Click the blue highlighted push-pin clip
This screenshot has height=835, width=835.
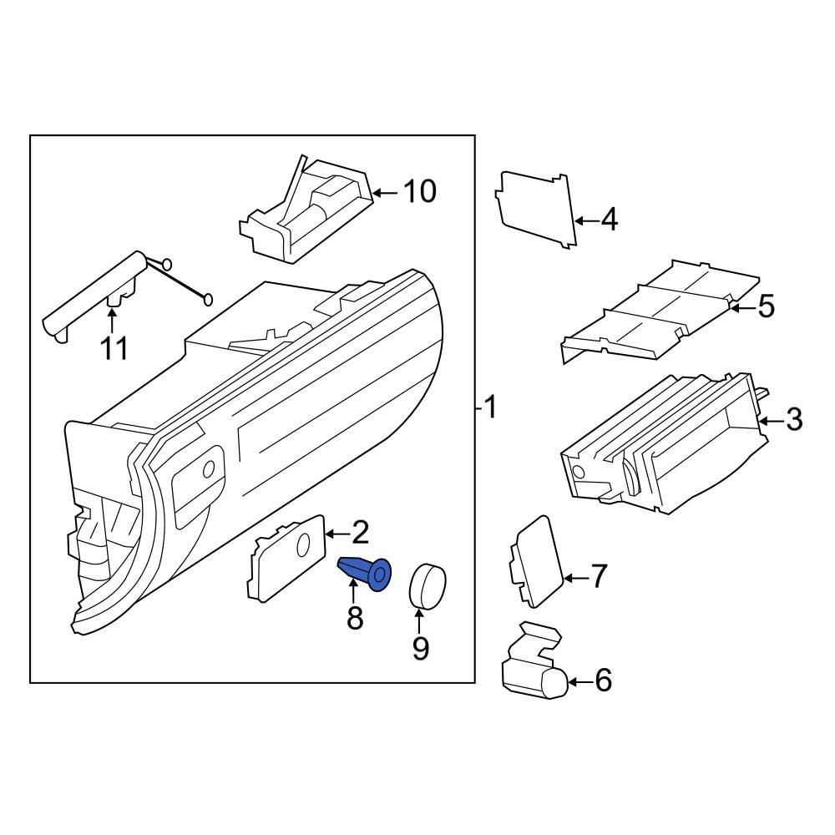(365, 573)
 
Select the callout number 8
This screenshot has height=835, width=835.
(355, 619)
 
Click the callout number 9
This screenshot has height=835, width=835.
(419, 647)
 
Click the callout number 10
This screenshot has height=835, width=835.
(419, 192)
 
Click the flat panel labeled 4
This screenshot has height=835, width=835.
(537, 209)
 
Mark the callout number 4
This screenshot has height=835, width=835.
(609, 220)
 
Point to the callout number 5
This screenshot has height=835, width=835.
(766, 306)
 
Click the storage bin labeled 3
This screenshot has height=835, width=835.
(660, 447)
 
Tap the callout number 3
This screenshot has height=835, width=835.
(792, 419)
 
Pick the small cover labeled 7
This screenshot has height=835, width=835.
(534, 561)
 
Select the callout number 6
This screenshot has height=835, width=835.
(603, 681)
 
